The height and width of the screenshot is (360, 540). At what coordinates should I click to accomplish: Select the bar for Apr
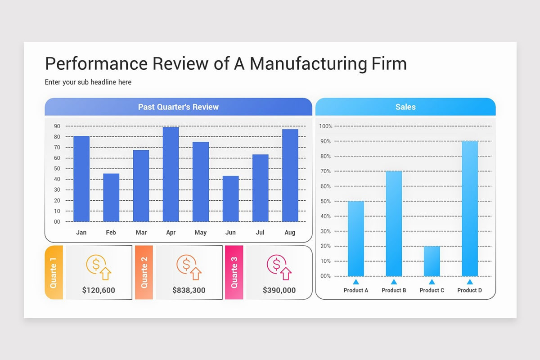(171, 175)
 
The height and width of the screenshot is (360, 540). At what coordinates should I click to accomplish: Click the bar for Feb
(111, 198)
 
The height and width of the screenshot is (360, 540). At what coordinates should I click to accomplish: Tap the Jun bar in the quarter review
(230, 199)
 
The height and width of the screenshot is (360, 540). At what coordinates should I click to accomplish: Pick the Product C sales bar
(432, 261)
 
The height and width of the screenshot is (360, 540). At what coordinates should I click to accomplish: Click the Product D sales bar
(469, 208)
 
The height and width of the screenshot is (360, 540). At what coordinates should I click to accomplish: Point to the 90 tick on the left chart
(57, 126)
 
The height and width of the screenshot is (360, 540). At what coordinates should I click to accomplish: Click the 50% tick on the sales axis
(325, 201)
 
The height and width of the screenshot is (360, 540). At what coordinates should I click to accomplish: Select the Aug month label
(290, 233)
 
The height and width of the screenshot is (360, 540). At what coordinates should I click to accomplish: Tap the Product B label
(394, 290)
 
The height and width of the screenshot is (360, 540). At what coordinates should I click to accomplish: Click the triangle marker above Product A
(356, 282)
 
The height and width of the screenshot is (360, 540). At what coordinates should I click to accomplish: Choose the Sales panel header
(405, 107)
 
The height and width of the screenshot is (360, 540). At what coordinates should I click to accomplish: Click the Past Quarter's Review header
(178, 107)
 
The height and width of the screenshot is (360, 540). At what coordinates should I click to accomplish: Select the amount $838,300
(189, 290)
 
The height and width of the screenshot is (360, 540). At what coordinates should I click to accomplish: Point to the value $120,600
(99, 290)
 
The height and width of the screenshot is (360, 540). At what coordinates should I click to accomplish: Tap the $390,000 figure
(279, 290)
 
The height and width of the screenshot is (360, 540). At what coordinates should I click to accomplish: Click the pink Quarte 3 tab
(234, 272)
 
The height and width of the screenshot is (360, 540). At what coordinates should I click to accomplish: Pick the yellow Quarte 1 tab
(54, 272)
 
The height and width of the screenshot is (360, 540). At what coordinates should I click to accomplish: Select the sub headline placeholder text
(88, 82)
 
